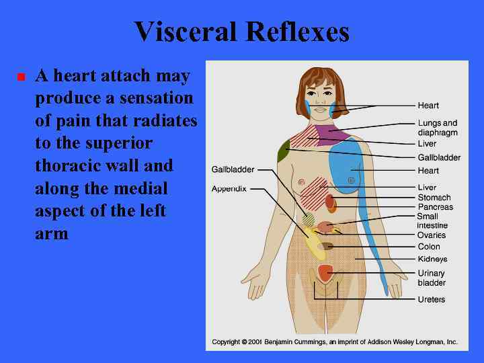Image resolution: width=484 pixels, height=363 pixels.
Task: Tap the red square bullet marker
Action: [21, 77]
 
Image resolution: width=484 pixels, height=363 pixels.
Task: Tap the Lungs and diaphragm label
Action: [437, 128]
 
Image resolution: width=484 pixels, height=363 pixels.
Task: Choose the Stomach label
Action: [434, 198]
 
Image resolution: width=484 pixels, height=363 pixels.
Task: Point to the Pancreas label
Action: [435, 207]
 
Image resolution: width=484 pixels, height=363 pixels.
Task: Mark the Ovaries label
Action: [432, 235]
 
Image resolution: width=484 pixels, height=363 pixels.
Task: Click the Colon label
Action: [429, 247]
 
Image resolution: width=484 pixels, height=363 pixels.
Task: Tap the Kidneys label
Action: [432, 259]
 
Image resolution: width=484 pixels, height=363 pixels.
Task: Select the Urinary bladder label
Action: [432, 278]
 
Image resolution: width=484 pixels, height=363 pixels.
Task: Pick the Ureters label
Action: [431, 299]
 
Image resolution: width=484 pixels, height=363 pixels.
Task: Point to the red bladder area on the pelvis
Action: [325, 272]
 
